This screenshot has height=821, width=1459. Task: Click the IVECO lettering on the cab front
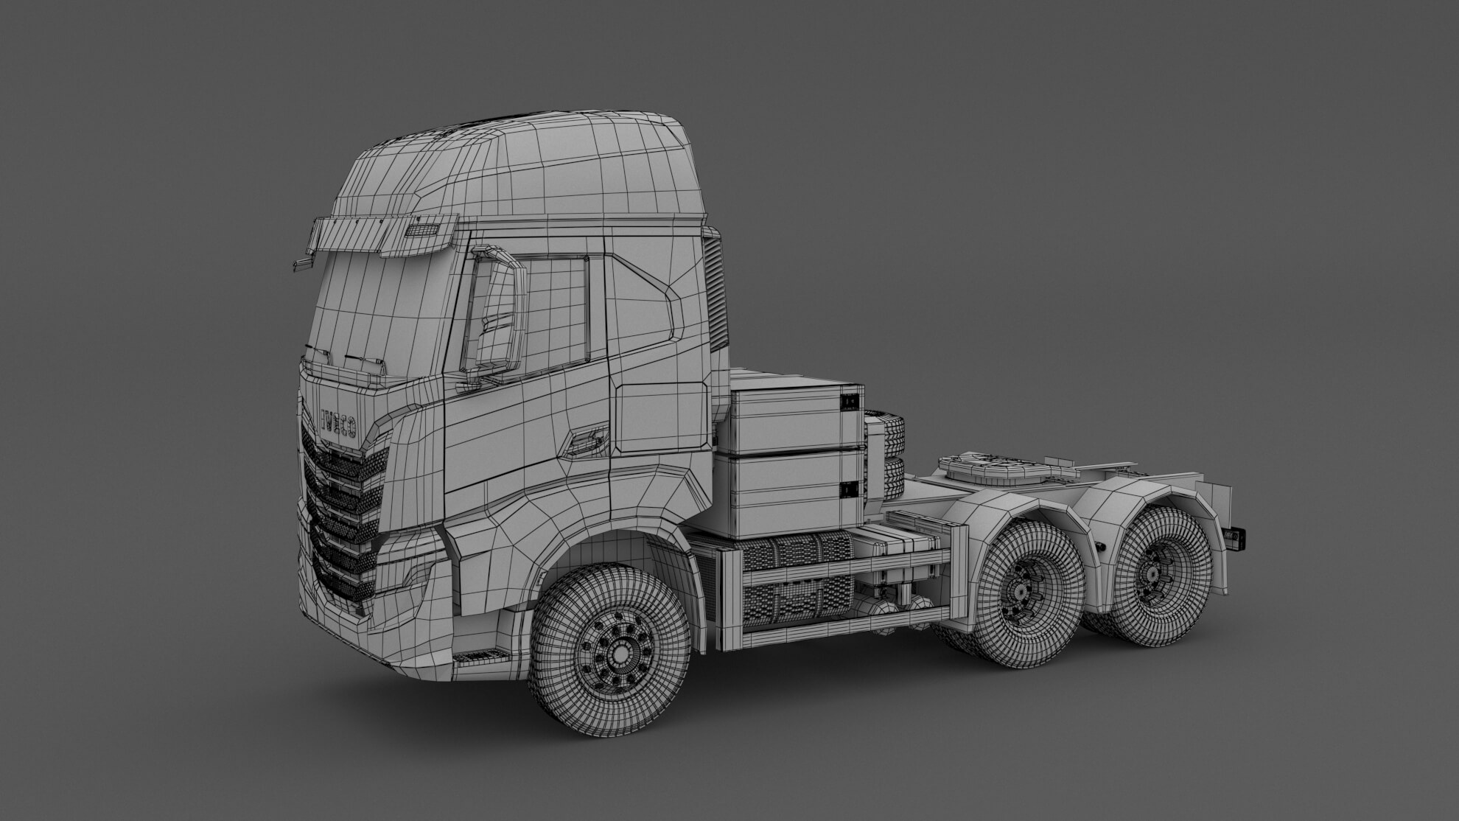coord(338,423)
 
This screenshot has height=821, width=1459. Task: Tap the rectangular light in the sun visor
coord(424,231)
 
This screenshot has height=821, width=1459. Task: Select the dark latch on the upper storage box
coord(850,400)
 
